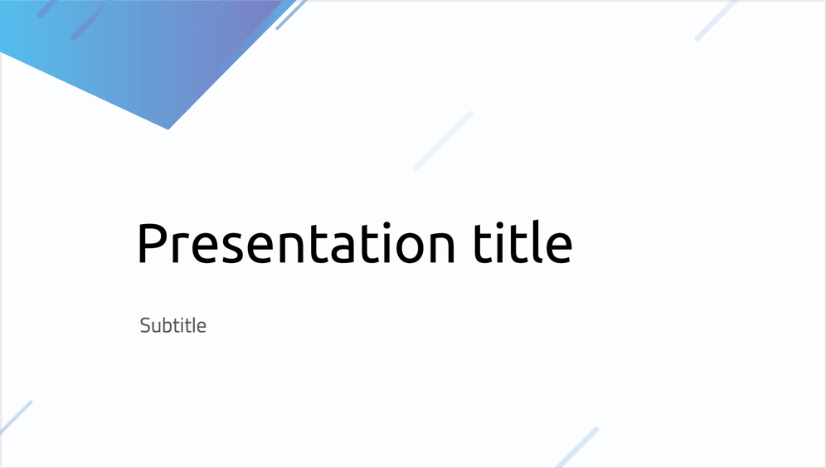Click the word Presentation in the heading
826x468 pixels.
tap(295, 242)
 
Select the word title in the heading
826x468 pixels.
tap(522, 241)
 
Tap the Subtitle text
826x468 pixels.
tap(172, 325)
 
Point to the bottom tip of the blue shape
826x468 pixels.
tap(168, 129)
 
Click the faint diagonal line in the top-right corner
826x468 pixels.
tap(716, 20)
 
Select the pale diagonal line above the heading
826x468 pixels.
tap(444, 141)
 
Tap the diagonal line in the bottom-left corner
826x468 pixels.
tap(16, 417)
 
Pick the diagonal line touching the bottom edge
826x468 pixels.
tap(577, 447)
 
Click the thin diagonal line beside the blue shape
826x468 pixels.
tap(291, 15)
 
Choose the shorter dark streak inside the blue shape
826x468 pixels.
tap(47, 8)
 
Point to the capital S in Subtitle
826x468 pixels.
tap(145, 326)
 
